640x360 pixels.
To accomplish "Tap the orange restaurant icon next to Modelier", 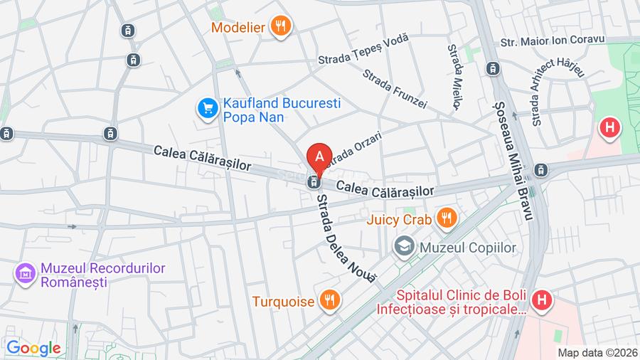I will pyautogui.click(x=281, y=27).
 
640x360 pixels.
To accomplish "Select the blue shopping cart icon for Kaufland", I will pyautogui.click(x=207, y=109).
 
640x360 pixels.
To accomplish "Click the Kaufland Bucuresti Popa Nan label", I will pyautogui.click(x=273, y=109).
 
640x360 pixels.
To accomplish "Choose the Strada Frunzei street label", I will pyautogui.click(x=394, y=89).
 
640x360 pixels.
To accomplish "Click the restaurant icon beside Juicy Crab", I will pyautogui.click(x=447, y=219).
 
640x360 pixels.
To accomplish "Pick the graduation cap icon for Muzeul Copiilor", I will pyautogui.click(x=404, y=247).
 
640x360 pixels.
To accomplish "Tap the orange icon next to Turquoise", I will pyautogui.click(x=328, y=301).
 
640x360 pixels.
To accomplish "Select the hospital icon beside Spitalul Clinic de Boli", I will pyautogui.click(x=542, y=302).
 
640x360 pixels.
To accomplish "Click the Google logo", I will pyautogui.click(x=33, y=348).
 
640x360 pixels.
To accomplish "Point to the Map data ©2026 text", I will pyautogui.click(x=596, y=352).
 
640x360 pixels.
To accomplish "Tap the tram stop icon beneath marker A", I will pyautogui.click(x=312, y=182).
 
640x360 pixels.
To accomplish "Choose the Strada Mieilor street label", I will pyautogui.click(x=454, y=76).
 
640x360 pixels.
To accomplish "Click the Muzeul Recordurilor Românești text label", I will pyautogui.click(x=103, y=275).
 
